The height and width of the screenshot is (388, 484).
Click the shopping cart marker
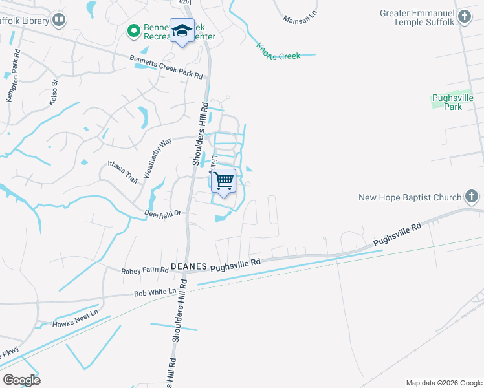pos(223,180)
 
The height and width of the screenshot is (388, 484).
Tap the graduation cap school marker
pos(182,30)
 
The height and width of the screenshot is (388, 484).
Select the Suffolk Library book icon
pos(59,21)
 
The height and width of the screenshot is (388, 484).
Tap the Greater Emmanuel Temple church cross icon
pos(465,17)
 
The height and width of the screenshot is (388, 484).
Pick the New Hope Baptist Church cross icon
pos(472,197)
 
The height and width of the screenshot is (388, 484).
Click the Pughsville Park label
pos(453,102)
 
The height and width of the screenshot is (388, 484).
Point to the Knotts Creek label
pos(279,52)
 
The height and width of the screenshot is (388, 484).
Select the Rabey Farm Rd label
pos(144,270)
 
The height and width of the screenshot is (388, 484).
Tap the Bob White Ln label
pos(155,292)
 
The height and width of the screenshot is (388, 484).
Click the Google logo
pos(21,380)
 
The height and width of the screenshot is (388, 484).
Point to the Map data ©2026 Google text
pos(443,383)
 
